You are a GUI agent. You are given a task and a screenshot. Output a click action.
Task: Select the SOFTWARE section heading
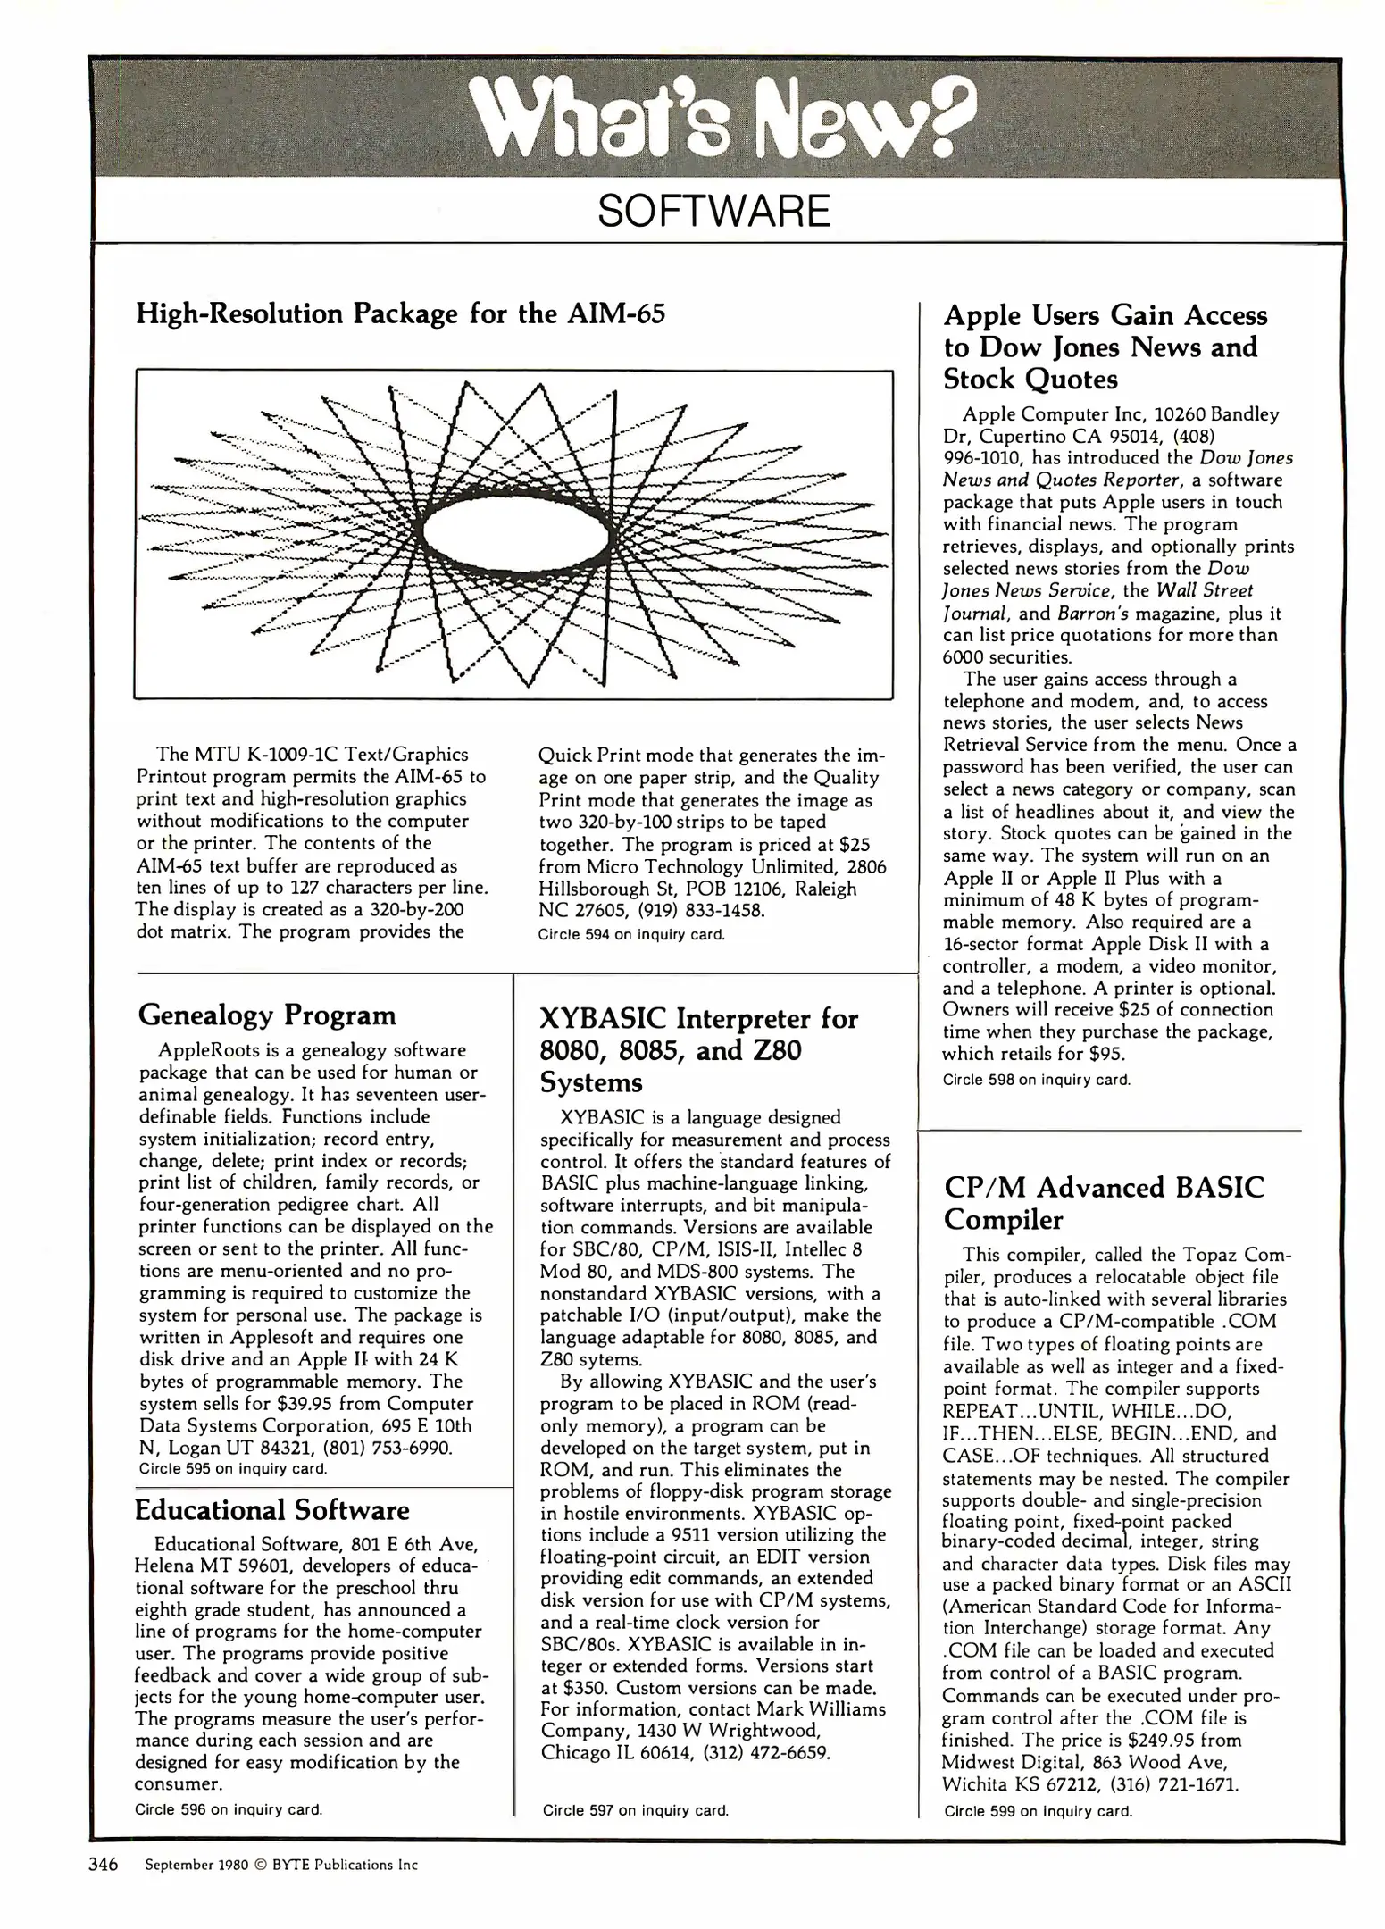pyautogui.click(x=713, y=212)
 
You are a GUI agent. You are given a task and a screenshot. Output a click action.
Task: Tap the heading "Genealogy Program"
pyautogui.click(x=267, y=1015)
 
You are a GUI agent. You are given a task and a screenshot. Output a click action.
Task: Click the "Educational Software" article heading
pyautogui.click(x=271, y=1510)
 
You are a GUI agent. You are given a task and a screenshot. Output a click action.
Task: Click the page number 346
pyautogui.click(x=104, y=1865)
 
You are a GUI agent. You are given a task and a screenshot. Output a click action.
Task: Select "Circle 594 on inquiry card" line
pyautogui.click(x=631, y=935)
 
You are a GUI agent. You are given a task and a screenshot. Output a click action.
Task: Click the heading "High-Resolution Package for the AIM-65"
pyautogui.click(x=400, y=314)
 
